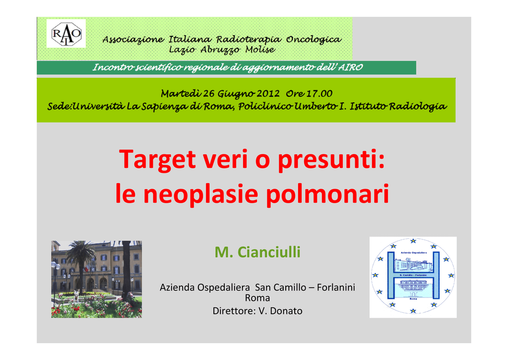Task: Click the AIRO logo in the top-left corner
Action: pyautogui.click(x=66, y=33)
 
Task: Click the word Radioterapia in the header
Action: pyautogui.click(x=249, y=40)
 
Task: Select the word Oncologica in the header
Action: pyautogui.click(x=314, y=40)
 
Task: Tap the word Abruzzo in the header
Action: pyautogui.click(x=220, y=50)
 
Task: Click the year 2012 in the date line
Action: pyautogui.click(x=268, y=93)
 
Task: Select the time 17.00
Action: pyautogui.click(x=319, y=93)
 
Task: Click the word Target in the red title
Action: pyautogui.click(x=157, y=159)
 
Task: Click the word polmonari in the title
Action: pyautogui.click(x=327, y=194)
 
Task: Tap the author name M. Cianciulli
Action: pyautogui.click(x=257, y=252)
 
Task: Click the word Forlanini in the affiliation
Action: pyautogui.click(x=336, y=288)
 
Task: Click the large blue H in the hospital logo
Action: pyautogui.click(x=413, y=275)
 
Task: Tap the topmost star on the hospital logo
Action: pyautogui.click(x=413, y=241)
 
